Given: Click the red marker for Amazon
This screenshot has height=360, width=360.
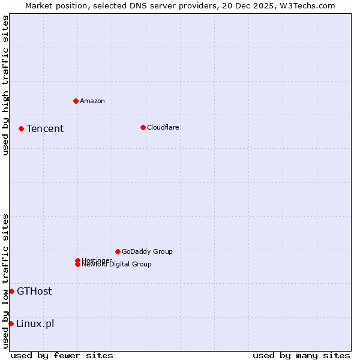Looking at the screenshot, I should click(76, 101).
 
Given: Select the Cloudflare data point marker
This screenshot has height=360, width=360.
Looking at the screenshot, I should click(143, 127).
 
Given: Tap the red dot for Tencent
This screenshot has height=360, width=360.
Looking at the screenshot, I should click(21, 128).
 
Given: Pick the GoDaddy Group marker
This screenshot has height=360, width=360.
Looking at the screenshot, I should click(118, 251).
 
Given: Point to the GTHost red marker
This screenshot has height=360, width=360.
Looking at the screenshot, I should click(11, 291).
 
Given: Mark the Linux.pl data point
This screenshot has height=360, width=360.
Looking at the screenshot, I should click(11, 323).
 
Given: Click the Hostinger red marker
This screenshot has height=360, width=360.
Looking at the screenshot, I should click(77, 260).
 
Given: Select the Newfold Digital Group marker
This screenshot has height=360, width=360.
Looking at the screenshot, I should click(77, 265).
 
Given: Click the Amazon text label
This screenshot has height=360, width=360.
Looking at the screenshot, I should click(92, 101).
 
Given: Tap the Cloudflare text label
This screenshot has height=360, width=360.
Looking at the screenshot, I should click(163, 127).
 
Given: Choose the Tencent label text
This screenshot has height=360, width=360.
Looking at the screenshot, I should click(45, 128).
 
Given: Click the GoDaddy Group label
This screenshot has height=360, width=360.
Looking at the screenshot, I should click(147, 251).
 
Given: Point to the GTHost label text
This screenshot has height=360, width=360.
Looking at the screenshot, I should click(34, 291).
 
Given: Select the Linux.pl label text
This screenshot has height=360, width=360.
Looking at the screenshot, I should click(35, 323).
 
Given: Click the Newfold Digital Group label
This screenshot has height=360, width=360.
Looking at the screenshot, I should click(117, 265).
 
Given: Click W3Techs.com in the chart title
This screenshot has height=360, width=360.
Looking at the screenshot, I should click(307, 6).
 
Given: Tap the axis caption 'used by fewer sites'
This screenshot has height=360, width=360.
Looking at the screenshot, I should click(62, 355).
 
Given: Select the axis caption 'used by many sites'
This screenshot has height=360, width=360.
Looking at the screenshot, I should click(301, 355).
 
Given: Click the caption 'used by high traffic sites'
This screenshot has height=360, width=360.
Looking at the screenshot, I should click(6, 85).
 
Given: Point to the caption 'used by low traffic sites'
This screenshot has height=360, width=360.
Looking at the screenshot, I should click(6, 280).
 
